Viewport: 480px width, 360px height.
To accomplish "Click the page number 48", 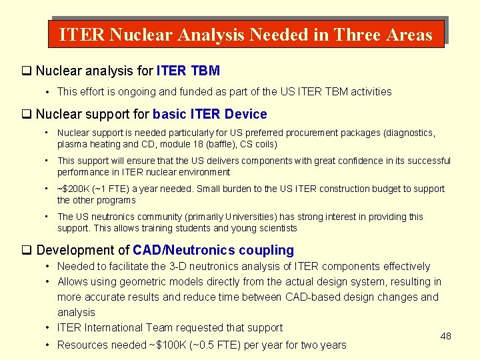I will tap(446, 336).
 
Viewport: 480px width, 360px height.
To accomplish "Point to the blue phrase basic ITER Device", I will tap(210, 114).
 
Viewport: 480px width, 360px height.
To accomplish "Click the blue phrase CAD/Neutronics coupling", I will tap(213, 250).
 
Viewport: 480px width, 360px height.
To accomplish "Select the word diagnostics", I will tap(408, 133).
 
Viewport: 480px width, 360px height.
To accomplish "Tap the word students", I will tap(197, 228).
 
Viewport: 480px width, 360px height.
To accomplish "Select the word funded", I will tap(191, 91).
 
